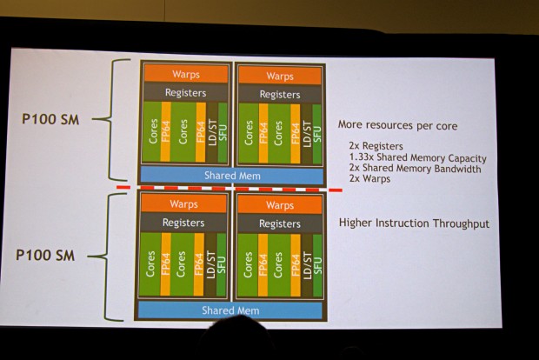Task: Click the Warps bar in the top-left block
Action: pyautogui.click(x=185, y=76)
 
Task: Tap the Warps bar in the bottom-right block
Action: pyautogui.click(x=280, y=206)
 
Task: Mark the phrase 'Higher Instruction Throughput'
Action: pyautogui.click(x=414, y=223)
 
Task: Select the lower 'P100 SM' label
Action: pyautogui.click(x=52, y=257)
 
